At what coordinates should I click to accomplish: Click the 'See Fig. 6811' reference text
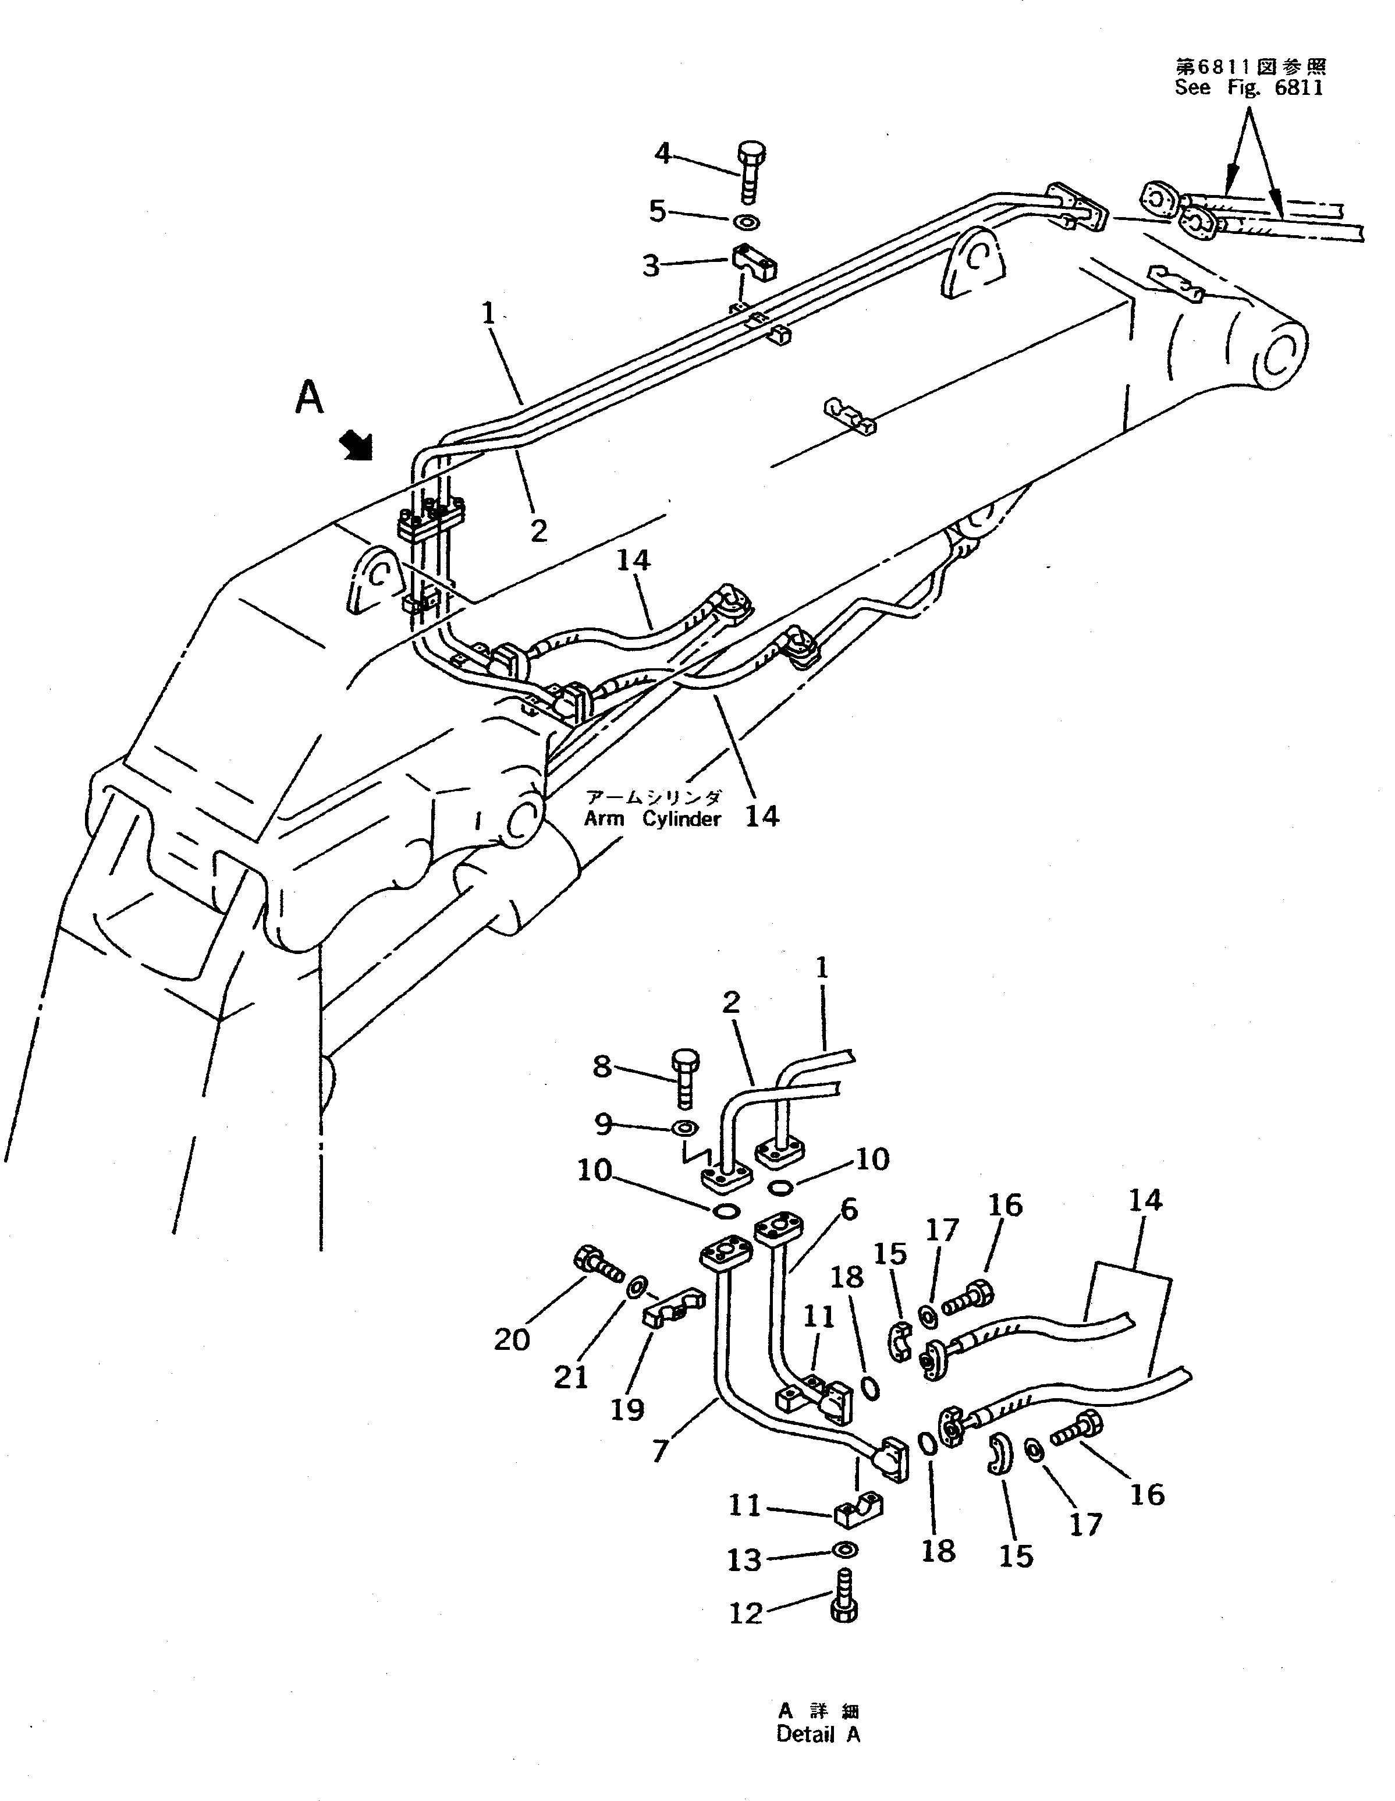point(1248,87)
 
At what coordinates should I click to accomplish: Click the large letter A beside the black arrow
point(309,398)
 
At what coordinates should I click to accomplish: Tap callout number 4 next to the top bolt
point(663,154)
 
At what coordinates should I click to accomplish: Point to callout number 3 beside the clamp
point(651,267)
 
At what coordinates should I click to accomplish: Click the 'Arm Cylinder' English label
point(652,820)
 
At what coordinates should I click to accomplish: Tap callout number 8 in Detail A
point(603,1067)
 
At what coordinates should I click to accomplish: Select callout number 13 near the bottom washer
point(744,1559)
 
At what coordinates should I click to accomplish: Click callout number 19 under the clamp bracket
point(627,1409)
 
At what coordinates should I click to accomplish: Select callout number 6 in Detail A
point(849,1210)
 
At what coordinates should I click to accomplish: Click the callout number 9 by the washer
point(603,1123)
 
